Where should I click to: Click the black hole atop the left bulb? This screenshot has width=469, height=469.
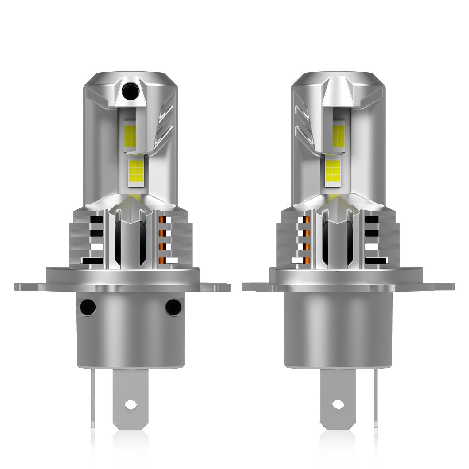(131, 92)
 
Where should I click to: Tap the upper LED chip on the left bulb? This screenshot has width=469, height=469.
(130, 136)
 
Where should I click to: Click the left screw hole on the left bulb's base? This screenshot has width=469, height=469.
(88, 307)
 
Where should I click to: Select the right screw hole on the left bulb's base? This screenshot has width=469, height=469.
(173, 307)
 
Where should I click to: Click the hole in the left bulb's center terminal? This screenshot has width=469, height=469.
(131, 404)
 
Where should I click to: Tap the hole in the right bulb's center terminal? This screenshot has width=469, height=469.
(338, 404)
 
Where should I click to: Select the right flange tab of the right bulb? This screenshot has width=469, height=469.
(438, 286)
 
